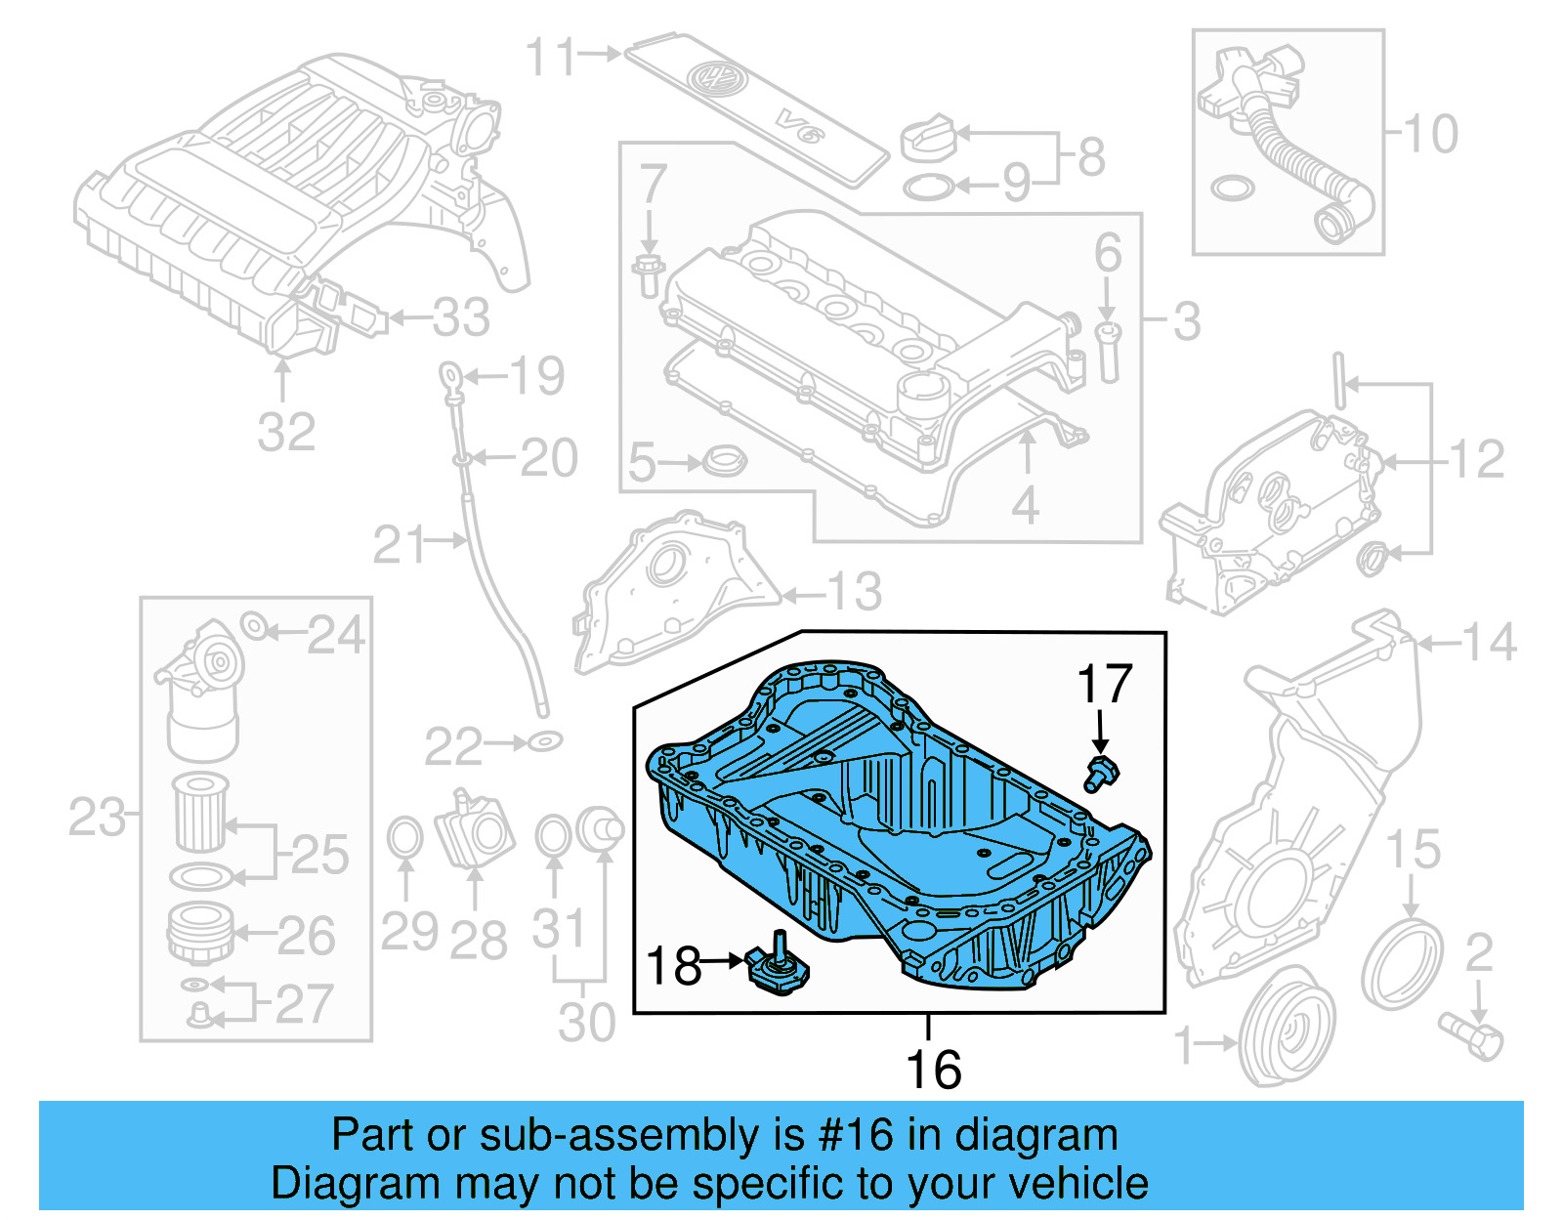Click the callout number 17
click(x=1104, y=684)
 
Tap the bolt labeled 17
click(x=1101, y=773)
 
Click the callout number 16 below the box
click(x=933, y=1070)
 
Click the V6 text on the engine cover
click(x=798, y=126)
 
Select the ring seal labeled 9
click(x=928, y=187)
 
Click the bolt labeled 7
click(x=648, y=273)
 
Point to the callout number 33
click(x=461, y=317)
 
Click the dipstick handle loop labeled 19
click(x=449, y=374)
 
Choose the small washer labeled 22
click(x=544, y=742)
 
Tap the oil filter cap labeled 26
click(x=200, y=933)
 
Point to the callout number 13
click(x=855, y=591)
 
